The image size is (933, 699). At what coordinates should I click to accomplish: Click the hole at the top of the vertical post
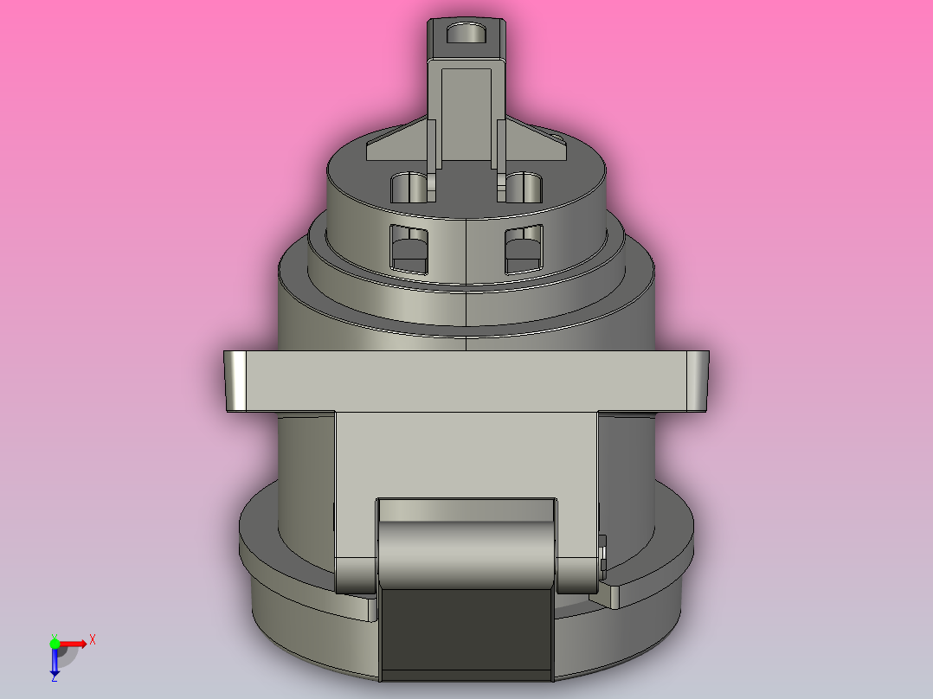(x=466, y=35)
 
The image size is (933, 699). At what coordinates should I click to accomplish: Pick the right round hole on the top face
(x=523, y=187)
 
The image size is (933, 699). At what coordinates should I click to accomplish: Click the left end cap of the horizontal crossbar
(x=235, y=381)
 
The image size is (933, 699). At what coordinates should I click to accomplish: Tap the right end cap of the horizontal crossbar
(x=696, y=381)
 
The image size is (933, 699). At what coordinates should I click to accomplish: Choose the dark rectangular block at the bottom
(x=466, y=632)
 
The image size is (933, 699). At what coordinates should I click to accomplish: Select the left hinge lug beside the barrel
(x=355, y=576)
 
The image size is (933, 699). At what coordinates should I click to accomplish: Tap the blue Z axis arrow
(x=55, y=663)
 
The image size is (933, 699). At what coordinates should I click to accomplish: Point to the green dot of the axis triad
(x=55, y=643)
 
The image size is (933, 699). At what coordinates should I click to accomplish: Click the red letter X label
(x=92, y=640)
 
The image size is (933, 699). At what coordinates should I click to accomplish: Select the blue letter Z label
(x=54, y=679)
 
